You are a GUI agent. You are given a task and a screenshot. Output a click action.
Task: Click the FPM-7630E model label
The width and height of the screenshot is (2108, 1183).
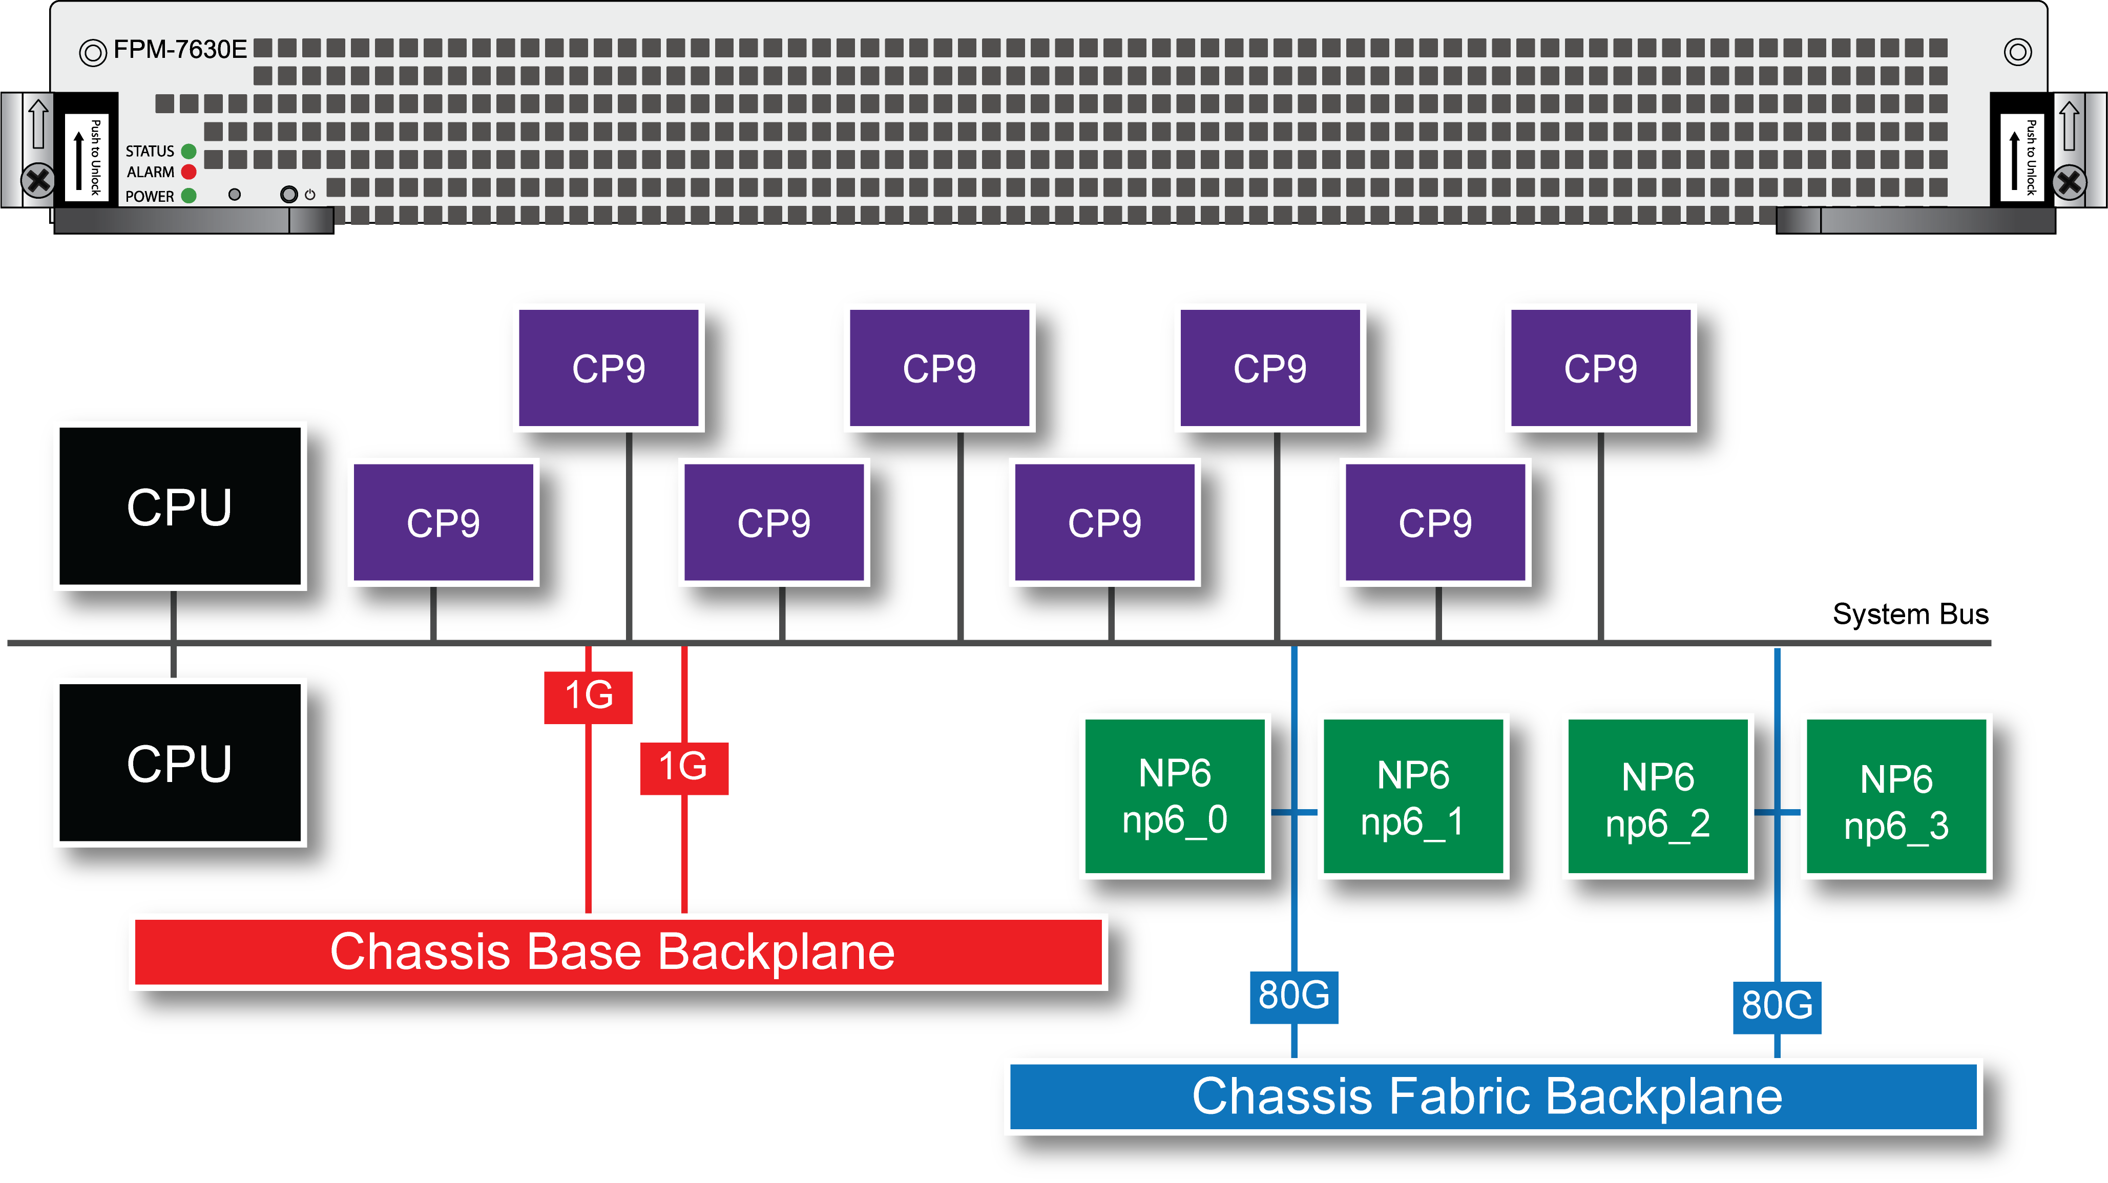click(179, 50)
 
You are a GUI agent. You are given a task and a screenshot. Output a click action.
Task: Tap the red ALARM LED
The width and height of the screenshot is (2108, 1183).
click(189, 172)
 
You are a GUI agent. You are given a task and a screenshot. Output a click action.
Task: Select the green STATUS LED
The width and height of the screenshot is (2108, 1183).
click(189, 152)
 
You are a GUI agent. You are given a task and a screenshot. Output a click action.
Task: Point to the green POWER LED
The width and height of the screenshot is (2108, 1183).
click(189, 196)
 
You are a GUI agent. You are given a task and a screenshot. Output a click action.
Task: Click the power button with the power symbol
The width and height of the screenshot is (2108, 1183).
click(289, 195)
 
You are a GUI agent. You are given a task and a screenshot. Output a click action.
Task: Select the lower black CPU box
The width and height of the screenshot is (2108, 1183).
click(180, 763)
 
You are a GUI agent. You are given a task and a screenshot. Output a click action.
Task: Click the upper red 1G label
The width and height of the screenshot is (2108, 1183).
click(589, 696)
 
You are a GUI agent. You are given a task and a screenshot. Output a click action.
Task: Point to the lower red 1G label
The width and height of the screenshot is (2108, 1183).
click(683, 767)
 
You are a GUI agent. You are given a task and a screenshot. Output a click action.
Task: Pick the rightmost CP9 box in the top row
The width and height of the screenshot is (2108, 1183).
click(1601, 368)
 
